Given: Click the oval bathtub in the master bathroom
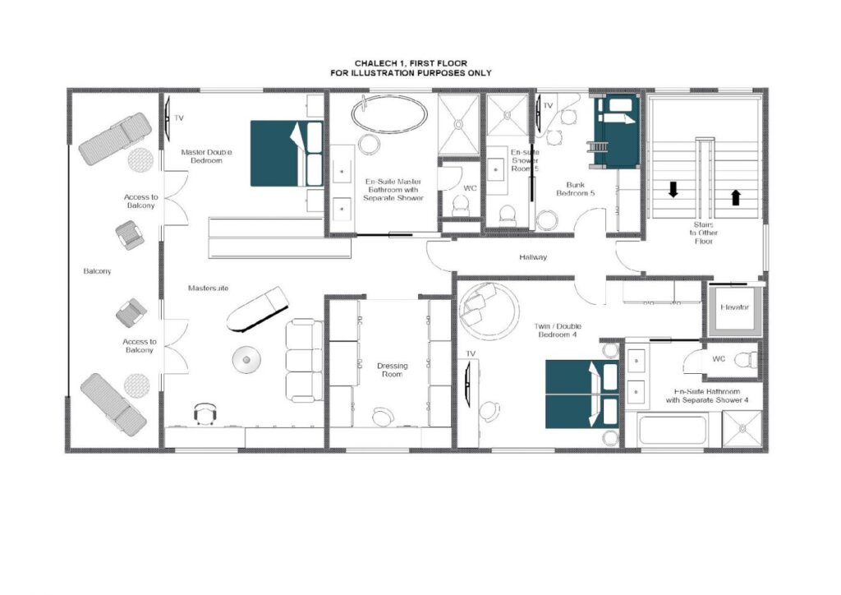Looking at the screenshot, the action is tap(389, 113).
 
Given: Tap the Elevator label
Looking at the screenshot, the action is tap(734, 307).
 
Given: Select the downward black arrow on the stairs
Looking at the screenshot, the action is tap(673, 189).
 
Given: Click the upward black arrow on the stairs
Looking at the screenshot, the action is tap(736, 197).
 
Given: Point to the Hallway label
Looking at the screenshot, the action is tap(532, 257).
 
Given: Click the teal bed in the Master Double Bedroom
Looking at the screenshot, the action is tap(287, 154).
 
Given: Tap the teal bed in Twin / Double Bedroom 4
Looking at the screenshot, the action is tap(582, 394).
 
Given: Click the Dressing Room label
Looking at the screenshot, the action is tap(392, 370).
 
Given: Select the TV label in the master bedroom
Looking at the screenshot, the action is tap(179, 118).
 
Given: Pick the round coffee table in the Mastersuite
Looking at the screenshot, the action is tap(246, 359).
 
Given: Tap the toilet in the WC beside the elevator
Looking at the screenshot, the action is tap(746, 359).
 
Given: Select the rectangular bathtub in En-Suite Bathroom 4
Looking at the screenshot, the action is tap(673, 430).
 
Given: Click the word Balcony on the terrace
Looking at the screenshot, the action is tap(97, 271).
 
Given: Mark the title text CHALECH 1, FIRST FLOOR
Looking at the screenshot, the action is tap(411, 63).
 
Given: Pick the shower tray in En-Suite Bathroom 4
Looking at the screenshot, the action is tap(742, 429).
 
